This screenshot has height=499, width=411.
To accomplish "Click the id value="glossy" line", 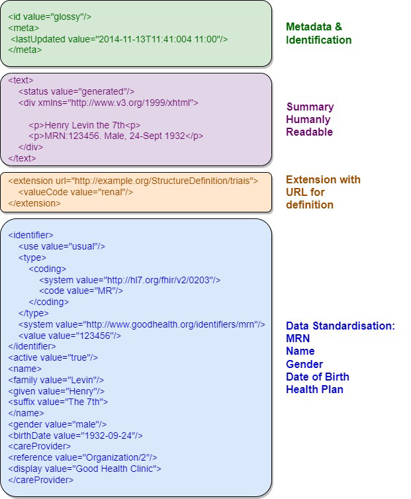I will (50, 17).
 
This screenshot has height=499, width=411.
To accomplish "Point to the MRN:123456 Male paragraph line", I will (116, 136).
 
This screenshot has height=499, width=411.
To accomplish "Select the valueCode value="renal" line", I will (76, 192).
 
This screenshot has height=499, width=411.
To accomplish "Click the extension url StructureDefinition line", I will (133, 180).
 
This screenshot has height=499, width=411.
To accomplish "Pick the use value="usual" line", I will (62, 246).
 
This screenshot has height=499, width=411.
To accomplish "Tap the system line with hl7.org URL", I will (130, 280).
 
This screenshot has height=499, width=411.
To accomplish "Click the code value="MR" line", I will (82, 291).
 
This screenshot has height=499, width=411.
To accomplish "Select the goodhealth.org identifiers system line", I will (142, 324).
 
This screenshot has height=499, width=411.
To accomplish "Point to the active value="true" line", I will (53, 357).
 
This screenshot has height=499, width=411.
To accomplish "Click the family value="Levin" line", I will (56, 380).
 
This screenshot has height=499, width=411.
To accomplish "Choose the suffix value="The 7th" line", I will (58, 402).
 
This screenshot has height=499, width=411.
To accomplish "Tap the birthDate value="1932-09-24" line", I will (75, 435).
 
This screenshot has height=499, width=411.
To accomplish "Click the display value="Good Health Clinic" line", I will (85, 469).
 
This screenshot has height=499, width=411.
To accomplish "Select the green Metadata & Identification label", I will (318, 33).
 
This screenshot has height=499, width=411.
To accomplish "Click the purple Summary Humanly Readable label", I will (310, 119).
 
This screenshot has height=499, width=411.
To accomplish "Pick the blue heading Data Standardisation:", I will (340, 326).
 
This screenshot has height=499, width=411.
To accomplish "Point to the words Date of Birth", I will (317, 377).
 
